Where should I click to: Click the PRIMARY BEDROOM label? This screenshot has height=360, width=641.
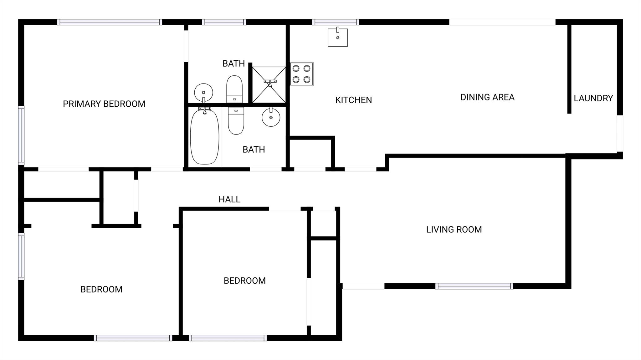[104, 104]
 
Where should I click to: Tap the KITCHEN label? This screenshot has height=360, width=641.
[354, 100]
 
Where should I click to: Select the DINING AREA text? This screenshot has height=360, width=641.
[487, 97]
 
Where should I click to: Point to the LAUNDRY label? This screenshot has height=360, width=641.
[593, 98]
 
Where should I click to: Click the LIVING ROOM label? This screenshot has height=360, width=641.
[454, 230]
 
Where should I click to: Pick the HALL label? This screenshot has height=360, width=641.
[229, 200]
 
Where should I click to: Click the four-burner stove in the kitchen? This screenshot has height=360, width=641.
[301, 74]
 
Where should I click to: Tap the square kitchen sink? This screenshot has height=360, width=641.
[338, 37]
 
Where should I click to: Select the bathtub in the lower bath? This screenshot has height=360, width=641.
[205, 136]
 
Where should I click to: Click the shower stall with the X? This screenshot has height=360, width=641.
[269, 85]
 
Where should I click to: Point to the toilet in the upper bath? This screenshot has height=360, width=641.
[234, 89]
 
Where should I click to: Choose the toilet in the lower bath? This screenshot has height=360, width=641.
[236, 121]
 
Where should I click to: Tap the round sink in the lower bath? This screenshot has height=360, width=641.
[271, 117]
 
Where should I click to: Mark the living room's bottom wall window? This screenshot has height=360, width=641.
[474, 286]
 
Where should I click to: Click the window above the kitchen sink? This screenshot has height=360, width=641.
[336, 22]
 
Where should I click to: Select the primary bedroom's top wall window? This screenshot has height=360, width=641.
[110, 22]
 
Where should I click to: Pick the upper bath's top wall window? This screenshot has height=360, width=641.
[224, 22]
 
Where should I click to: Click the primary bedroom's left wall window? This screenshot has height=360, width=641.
[21, 135]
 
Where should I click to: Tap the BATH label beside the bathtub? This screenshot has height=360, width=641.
[254, 150]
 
